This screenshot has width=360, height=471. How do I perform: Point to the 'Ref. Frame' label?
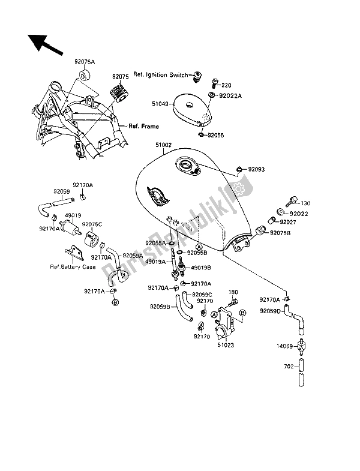tap(142, 126)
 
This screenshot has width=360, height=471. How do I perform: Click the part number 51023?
tap(226, 345)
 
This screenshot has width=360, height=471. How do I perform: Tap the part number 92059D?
tap(271, 311)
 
